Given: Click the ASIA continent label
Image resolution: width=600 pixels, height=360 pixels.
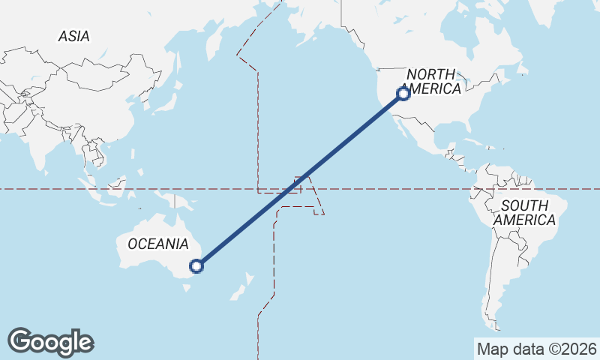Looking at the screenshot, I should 73,36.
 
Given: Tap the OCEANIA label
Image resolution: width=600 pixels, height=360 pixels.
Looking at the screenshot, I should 157,244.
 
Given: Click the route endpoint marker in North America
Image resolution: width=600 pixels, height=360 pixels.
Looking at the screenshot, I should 403,94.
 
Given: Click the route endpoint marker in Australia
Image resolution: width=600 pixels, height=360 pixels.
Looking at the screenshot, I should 196,265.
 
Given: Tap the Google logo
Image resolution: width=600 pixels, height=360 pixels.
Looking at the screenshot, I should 50,342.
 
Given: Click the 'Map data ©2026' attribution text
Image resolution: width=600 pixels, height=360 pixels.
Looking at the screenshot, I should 536,349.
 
